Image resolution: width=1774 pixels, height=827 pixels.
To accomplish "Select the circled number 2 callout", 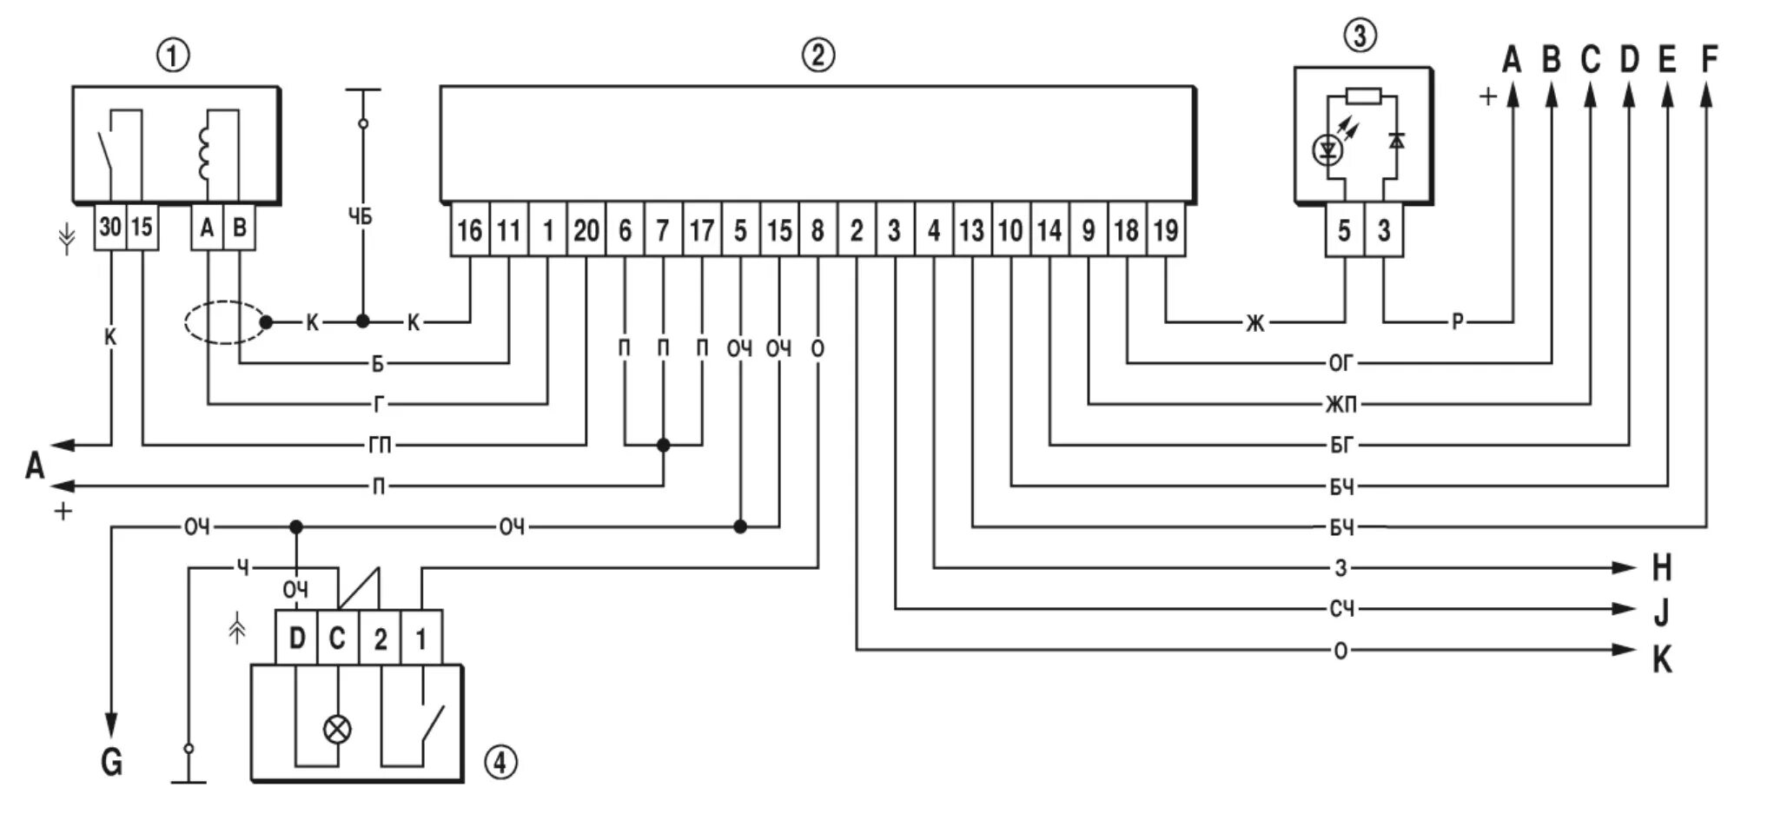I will [817, 56].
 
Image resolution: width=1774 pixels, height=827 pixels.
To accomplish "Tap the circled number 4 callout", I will [500, 764].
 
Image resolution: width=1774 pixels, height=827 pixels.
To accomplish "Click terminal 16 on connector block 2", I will [469, 230].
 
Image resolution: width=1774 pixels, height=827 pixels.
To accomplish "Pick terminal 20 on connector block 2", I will [586, 230].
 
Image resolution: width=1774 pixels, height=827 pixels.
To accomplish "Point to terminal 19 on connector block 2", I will [1166, 230].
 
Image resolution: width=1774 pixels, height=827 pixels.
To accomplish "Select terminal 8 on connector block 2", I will [817, 230].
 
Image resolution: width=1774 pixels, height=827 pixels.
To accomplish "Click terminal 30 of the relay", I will [110, 228].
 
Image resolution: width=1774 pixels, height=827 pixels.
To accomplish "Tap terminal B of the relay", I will [240, 228].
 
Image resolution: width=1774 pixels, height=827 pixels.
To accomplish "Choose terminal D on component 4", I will [297, 638].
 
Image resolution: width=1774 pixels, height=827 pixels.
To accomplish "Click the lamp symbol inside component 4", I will [337, 729].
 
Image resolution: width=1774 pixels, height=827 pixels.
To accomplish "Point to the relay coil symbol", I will [205, 155].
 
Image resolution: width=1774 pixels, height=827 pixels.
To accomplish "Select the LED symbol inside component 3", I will [1327, 150].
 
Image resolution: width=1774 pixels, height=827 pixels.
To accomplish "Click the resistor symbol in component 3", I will [1364, 96].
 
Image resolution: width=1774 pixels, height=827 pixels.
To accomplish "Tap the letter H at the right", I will [1661, 568].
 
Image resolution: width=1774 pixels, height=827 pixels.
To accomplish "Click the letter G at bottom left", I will [111, 763].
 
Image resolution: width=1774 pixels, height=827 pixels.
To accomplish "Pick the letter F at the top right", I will [1708, 59].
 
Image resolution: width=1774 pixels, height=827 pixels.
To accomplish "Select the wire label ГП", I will [380, 446].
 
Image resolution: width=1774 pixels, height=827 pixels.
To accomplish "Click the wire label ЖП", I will [1341, 405].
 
